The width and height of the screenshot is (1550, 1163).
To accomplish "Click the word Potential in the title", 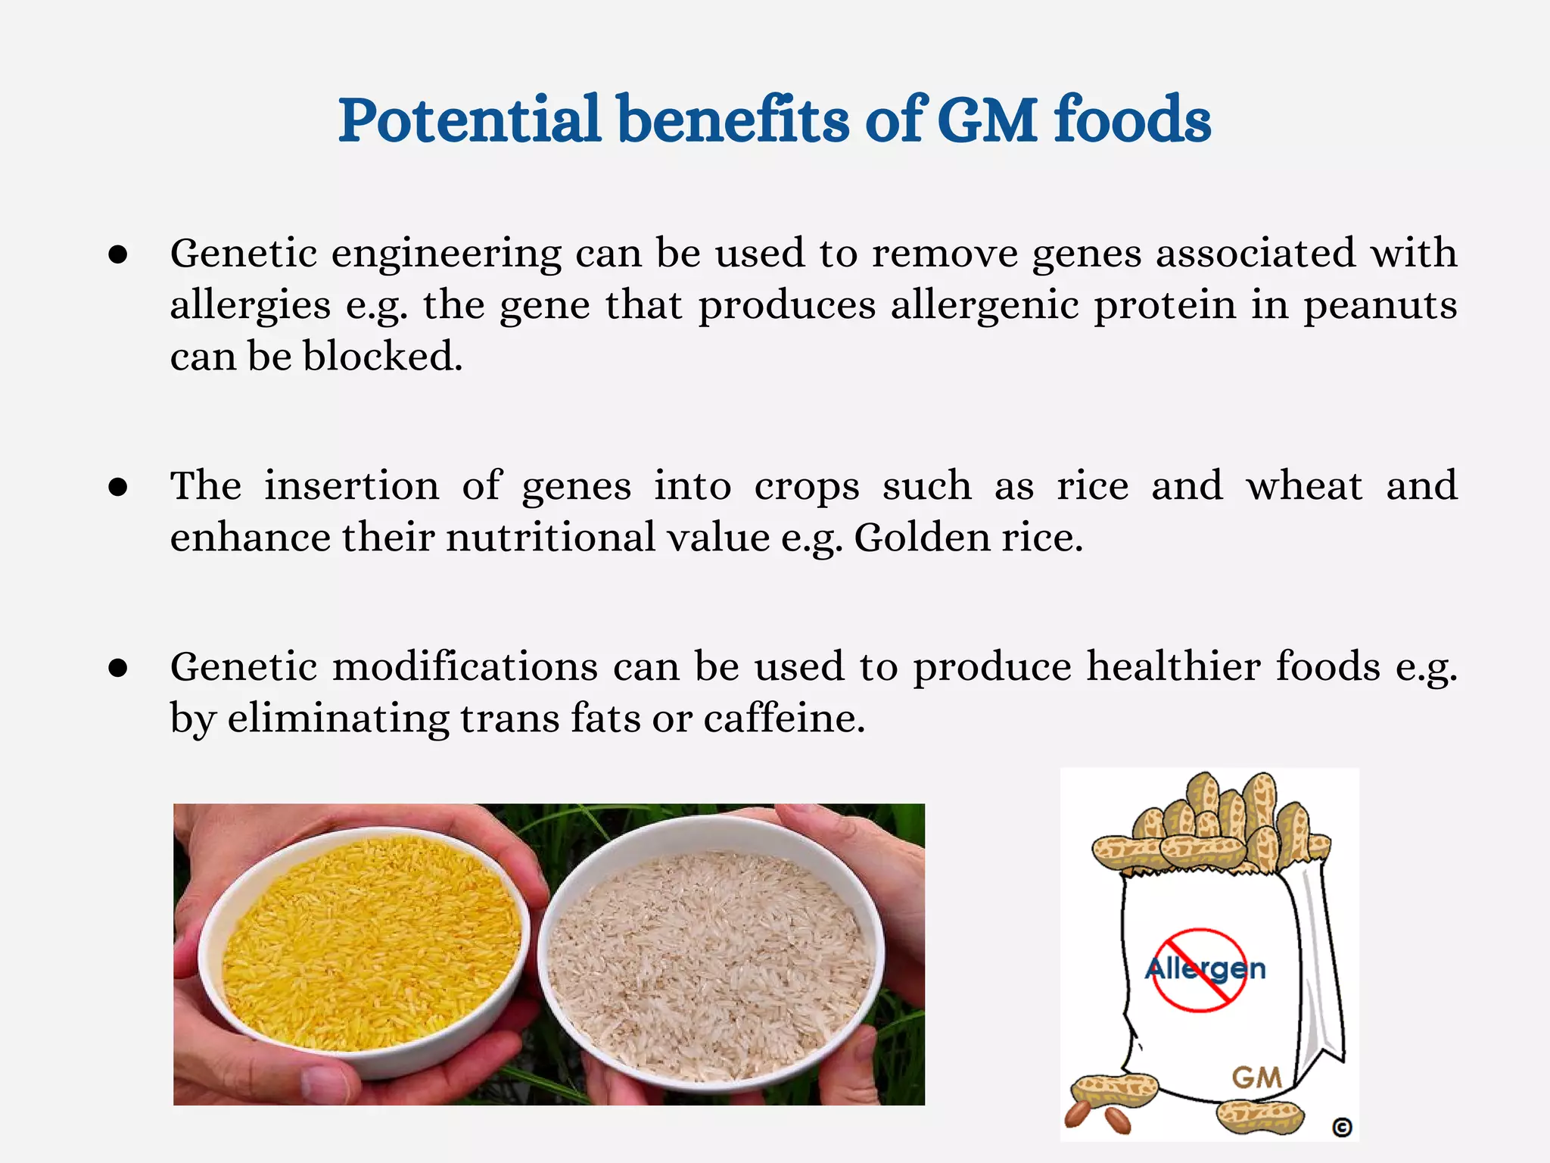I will [469, 121].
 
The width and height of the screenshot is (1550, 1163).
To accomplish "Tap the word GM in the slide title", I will [987, 121].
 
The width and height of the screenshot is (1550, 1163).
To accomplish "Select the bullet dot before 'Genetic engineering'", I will [117, 255].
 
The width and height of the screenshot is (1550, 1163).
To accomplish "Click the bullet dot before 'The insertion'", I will [117, 488].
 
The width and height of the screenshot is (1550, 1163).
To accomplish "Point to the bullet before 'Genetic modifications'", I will [117, 669].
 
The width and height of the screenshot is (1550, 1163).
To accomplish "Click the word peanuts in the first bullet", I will [1380, 307].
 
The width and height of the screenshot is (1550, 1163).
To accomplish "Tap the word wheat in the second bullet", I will [1304, 486].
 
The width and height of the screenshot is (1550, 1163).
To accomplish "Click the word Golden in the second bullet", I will [922, 538].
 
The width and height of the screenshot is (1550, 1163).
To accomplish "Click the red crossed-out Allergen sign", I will [1200, 970].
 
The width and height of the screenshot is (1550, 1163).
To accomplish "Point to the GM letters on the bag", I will [1256, 1077].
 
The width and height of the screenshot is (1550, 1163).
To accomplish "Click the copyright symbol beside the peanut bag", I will [1342, 1127].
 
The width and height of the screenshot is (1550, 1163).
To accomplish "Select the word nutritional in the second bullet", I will [550, 538].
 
